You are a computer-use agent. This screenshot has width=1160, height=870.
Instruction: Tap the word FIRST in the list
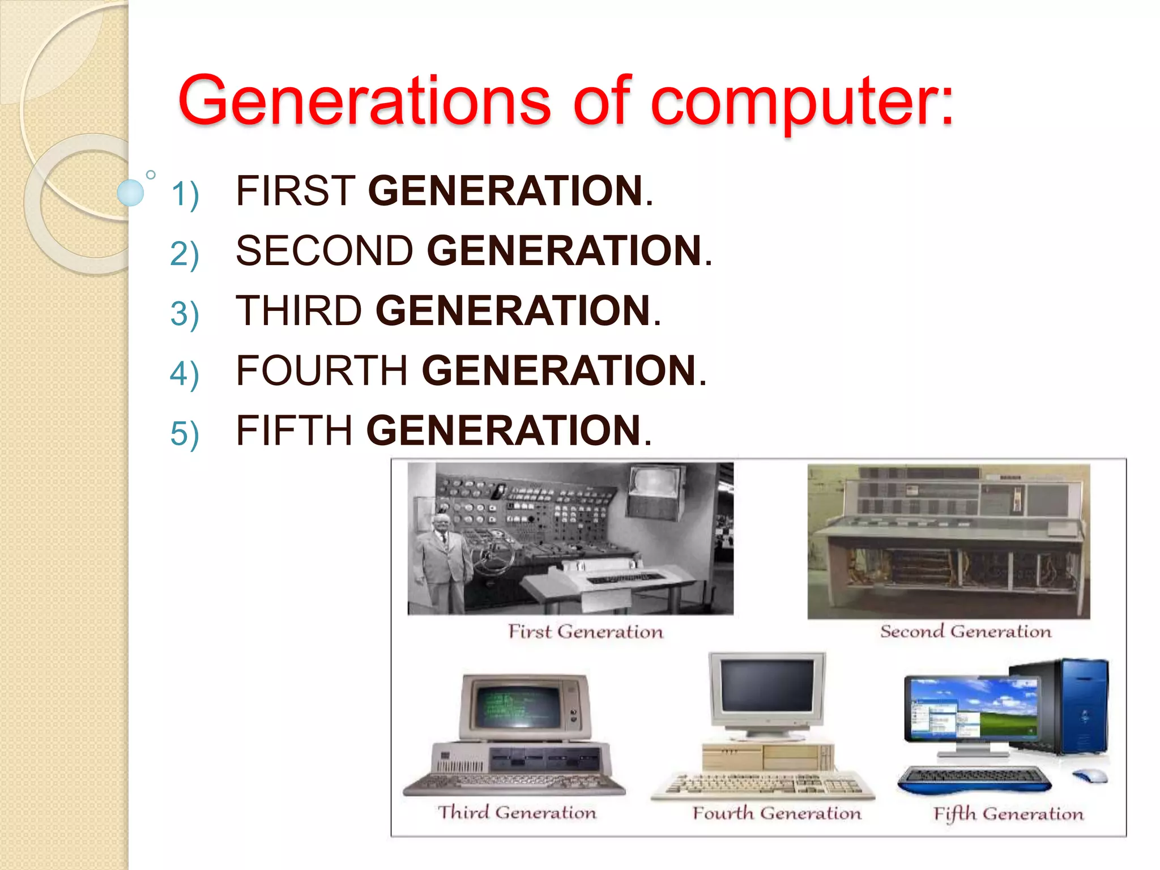tap(296, 191)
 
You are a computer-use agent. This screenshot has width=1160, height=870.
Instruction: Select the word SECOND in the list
tap(325, 251)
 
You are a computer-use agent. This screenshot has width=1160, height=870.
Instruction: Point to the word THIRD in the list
tap(299, 311)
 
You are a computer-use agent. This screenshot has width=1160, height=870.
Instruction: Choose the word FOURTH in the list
tap(322, 371)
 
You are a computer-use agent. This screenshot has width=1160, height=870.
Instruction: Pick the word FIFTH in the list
tap(295, 431)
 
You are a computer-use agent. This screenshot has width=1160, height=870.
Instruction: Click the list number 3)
tap(185, 313)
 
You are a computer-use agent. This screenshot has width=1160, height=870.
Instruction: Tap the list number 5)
tap(185, 434)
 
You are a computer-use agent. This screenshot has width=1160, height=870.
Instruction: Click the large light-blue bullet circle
tap(130, 193)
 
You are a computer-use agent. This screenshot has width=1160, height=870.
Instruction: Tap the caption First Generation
tap(585, 632)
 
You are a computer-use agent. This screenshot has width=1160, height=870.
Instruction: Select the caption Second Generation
tap(965, 632)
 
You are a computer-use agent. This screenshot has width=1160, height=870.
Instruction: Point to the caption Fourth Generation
tap(777, 813)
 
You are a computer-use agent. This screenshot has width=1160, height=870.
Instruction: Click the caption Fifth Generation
tap(1008, 814)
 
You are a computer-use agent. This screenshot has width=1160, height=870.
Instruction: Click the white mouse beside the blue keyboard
tap(1090, 776)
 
